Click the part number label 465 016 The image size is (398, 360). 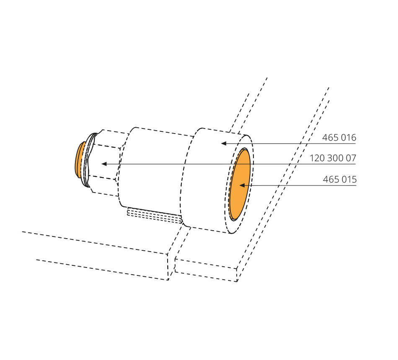coord(339,137)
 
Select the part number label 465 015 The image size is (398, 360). coord(340,179)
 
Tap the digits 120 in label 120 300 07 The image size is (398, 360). coord(317,158)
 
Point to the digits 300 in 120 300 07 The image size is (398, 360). coord(335,158)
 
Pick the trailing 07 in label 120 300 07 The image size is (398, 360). coord(351,158)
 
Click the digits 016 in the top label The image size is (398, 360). coord(349,137)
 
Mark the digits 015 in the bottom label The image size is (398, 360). coord(349,179)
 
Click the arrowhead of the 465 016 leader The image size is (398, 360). coord(224,143)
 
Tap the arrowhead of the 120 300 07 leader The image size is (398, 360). coord(104,164)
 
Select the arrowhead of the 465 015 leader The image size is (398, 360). coord(242,185)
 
